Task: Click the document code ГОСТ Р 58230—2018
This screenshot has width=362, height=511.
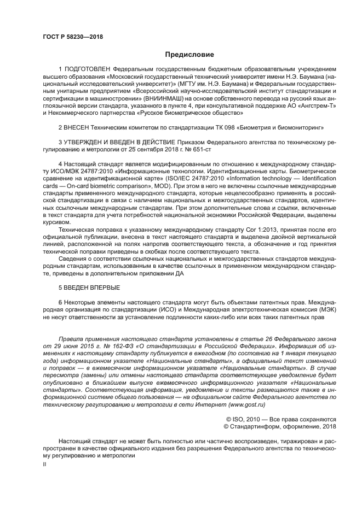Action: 72,37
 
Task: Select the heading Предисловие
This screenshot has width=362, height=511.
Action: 181,55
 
